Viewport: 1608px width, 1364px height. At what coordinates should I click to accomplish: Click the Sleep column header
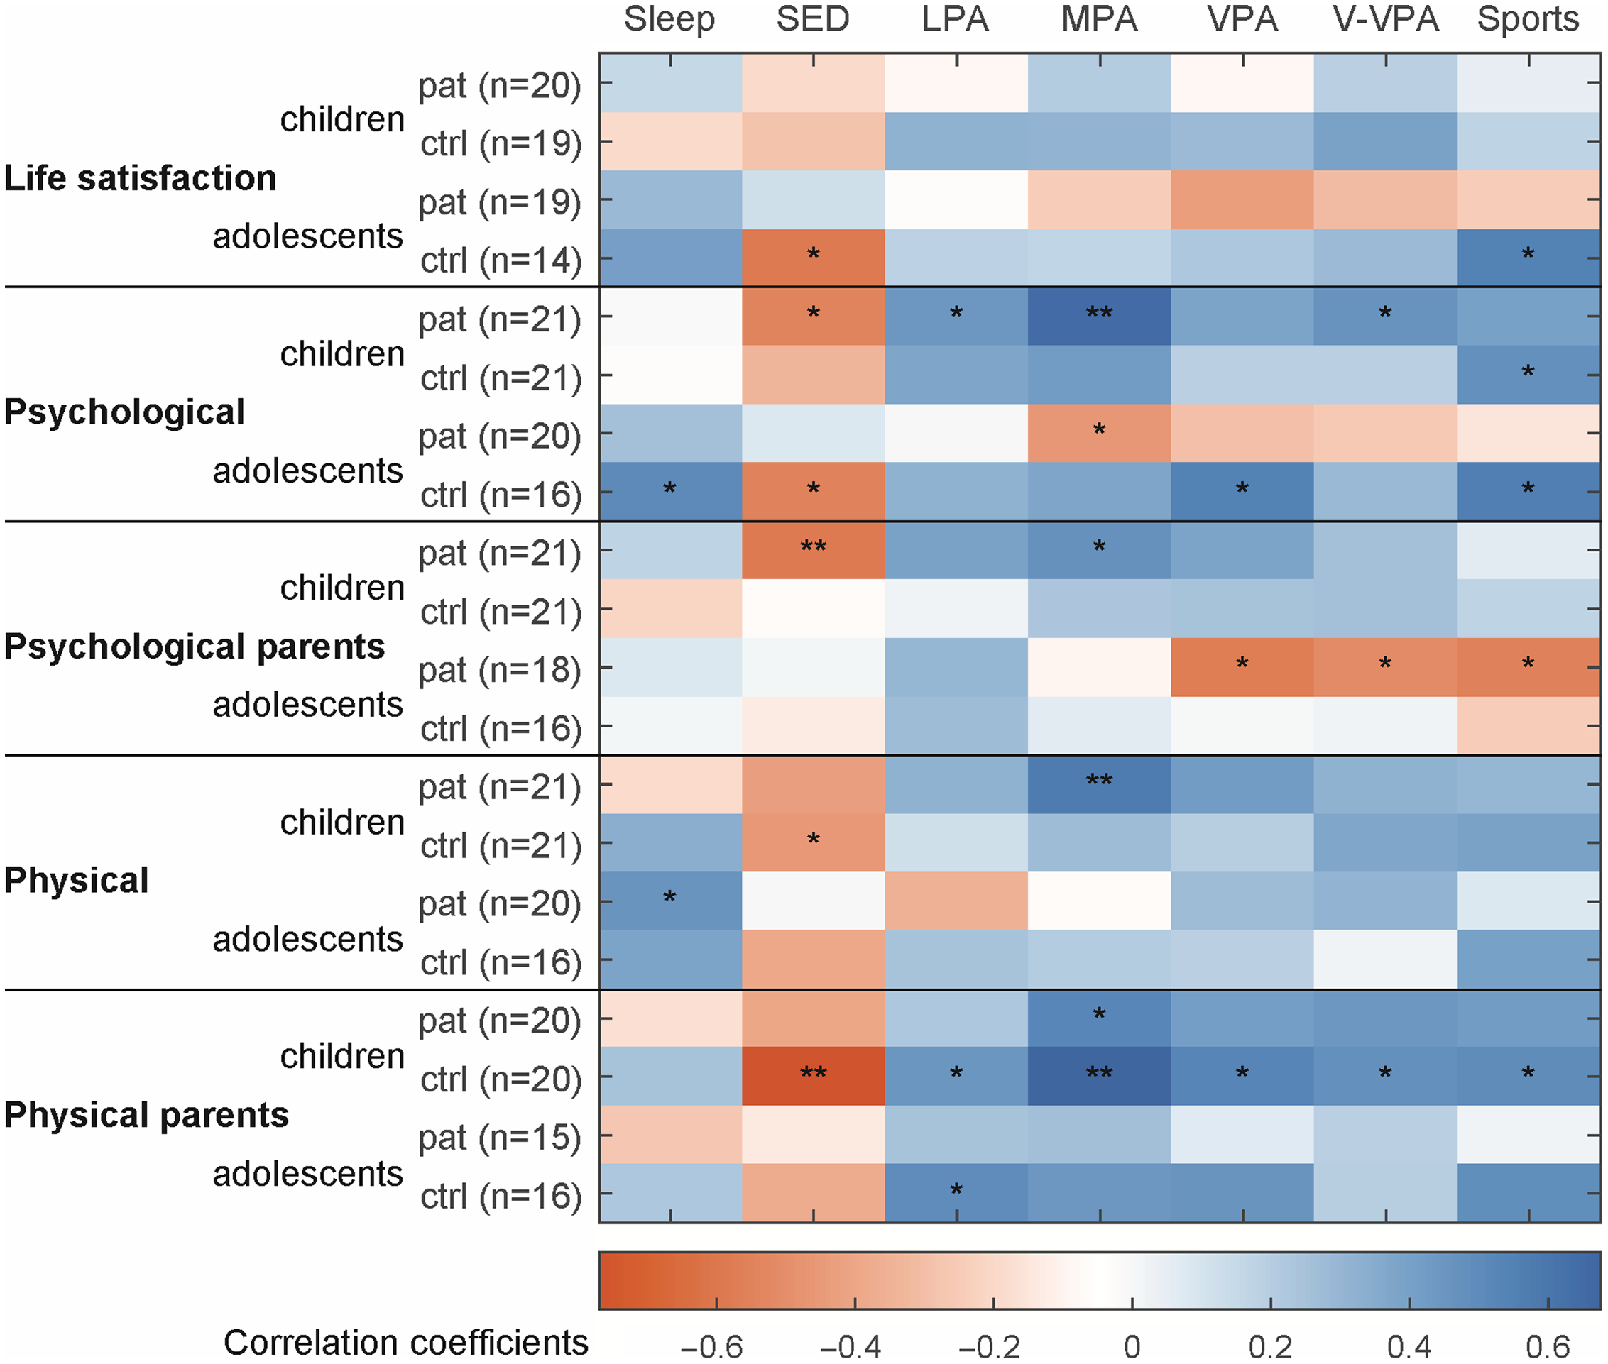click(669, 19)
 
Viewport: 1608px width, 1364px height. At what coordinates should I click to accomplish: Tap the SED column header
click(813, 19)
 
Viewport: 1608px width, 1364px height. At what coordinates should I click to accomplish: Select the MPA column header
click(1099, 19)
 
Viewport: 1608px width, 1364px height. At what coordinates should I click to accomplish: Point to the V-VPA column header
click(1385, 19)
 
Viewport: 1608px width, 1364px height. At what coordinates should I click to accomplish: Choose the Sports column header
click(1528, 19)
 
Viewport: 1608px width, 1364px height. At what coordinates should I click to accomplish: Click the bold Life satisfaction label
click(140, 178)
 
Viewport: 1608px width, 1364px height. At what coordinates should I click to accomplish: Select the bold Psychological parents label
click(194, 647)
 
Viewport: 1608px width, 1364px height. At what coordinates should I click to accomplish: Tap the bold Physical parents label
click(146, 1115)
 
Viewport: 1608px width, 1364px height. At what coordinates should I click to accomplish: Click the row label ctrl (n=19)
click(501, 144)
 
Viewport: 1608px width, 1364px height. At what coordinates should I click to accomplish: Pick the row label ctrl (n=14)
click(501, 260)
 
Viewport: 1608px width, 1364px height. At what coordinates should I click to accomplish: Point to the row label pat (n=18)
click(500, 671)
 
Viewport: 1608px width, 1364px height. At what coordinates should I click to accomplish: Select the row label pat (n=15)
click(500, 1138)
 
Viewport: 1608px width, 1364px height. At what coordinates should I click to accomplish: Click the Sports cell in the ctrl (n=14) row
click(1528, 258)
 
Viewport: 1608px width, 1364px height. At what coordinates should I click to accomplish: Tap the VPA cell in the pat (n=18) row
click(1242, 667)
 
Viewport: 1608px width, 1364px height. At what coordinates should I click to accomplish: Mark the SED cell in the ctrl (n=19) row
click(813, 141)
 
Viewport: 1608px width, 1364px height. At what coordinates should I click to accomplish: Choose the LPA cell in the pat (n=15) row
click(956, 1135)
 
